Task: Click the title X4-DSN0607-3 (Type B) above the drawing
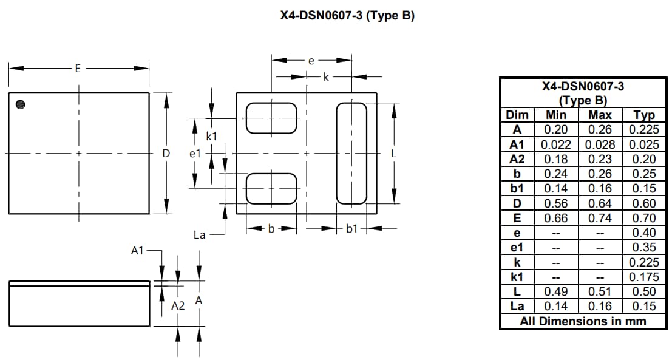tap(347, 16)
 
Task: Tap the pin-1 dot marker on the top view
tap(21, 104)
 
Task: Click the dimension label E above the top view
tap(77, 69)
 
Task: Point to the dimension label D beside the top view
tap(166, 154)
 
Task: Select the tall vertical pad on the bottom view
tap(351, 154)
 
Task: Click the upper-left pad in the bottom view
tap(271, 118)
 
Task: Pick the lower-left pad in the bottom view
tap(271, 188)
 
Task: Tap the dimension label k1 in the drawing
tap(211, 137)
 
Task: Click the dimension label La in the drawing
tap(199, 235)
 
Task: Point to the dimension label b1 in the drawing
tap(352, 229)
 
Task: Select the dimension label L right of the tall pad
tap(393, 154)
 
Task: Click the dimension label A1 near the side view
tap(138, 250)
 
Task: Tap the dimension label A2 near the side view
tap(177, 306)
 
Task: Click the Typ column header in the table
tap(643, 115)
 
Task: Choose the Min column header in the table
tap(555, 115)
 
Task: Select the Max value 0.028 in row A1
tap(600, 144)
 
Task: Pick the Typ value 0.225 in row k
tap(643, 262)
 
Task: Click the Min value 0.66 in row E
tap(555, 218)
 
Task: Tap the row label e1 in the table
tap(517, 248)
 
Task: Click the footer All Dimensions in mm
tap(583, 321)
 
